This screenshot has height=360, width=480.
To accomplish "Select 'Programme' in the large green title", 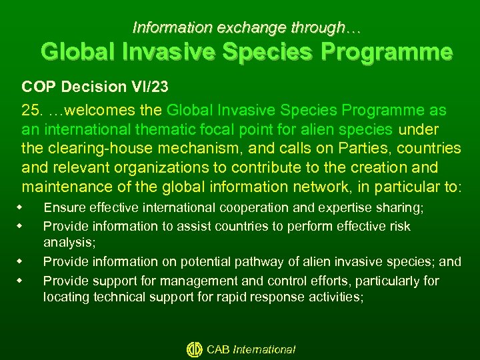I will coord(394,51).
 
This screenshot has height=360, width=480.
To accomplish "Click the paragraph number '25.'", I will coord(32,109).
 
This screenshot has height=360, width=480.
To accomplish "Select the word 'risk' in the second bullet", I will coord(399,226).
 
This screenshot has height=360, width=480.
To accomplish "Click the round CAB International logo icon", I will coord(194,349).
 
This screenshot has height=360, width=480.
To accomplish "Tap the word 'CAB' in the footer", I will coord(219,349).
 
